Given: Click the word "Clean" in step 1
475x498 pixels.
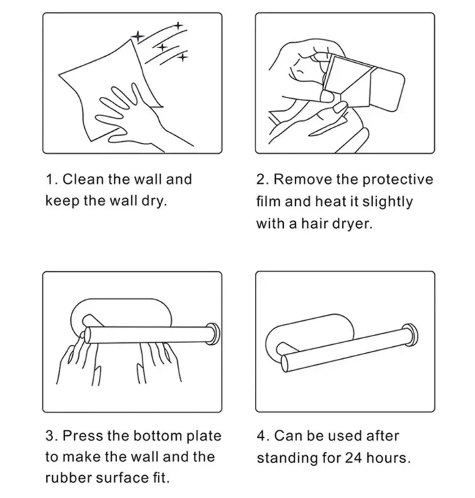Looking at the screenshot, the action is (x=83, y=179).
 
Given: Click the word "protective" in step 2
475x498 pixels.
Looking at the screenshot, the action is (x=397, y=180).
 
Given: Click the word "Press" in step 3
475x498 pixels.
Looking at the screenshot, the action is (x=83, y=435).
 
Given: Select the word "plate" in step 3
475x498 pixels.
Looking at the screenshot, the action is (x=203, y=436).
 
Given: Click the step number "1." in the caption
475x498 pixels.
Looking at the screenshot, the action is (x=52, y=179).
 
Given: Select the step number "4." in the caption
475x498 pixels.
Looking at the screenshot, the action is (x=263, y=435).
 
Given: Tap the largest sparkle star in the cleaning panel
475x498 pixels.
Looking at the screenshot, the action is (x=138, y=35).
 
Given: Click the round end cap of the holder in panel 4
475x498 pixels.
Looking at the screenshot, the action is (x=411, y=336).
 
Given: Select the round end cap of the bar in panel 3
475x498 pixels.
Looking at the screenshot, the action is (x=213, y=334).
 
